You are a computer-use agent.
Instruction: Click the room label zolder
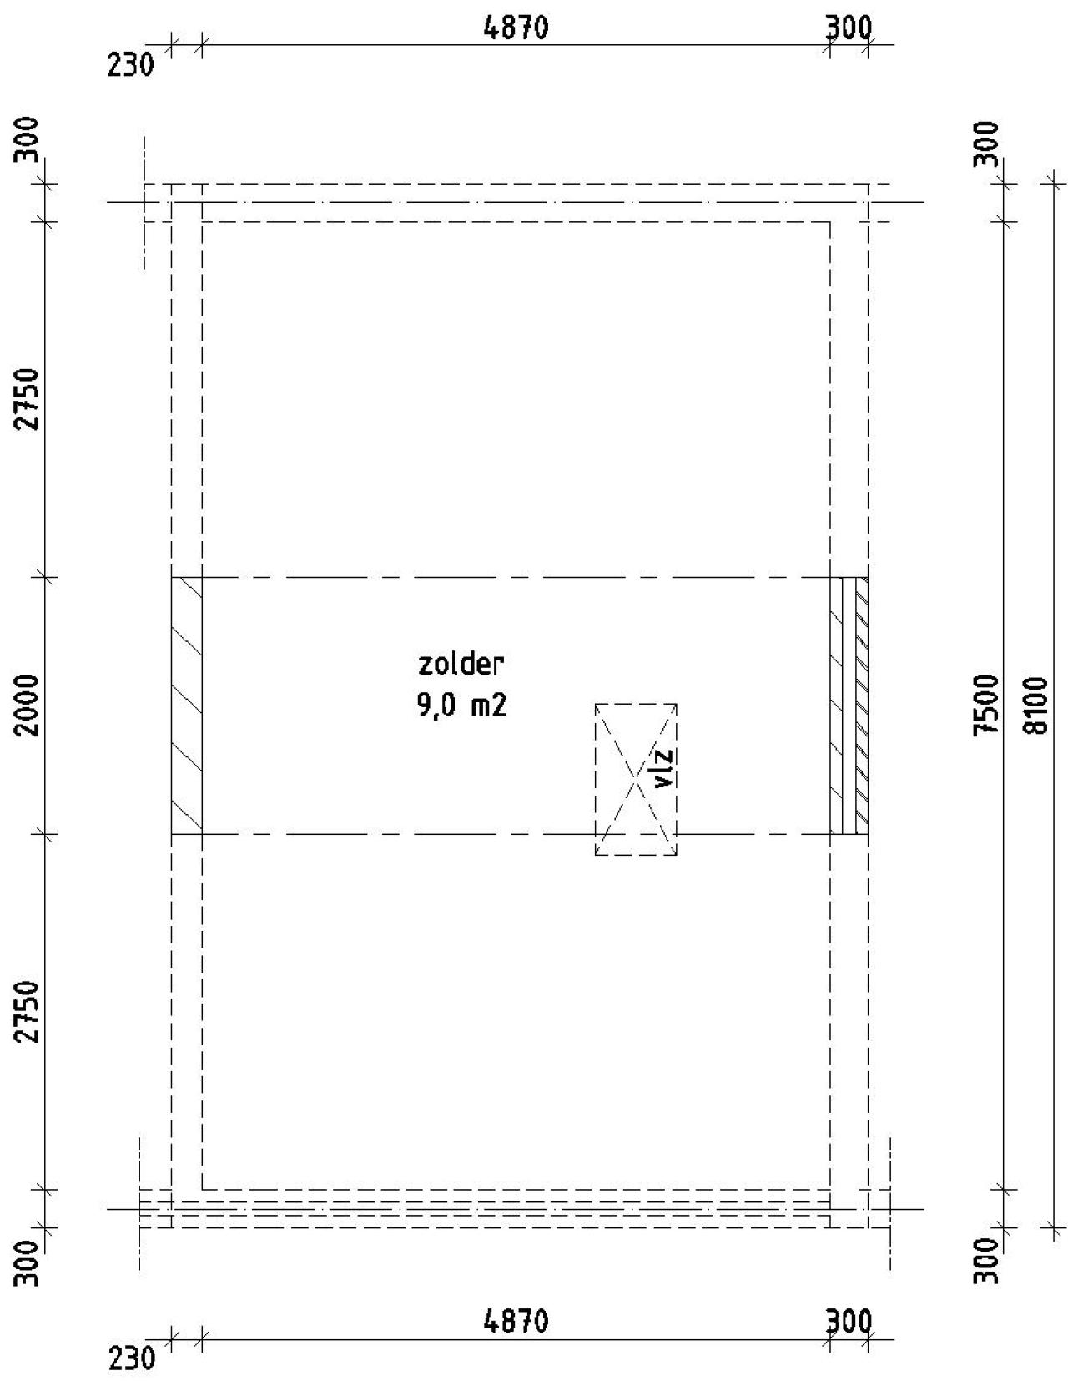click(x=461, y=665)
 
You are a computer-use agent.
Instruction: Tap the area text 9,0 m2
click(x=461, y=706)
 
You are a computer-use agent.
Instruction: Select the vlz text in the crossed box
click(x=664, y=768)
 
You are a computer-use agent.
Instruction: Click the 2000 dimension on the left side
click(x=29, y=703)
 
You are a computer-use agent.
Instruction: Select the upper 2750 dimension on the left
click(x=29, y=397)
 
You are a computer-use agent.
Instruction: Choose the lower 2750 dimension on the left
click(x=29, y=1011)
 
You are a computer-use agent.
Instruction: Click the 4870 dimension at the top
click(x=516, y=28)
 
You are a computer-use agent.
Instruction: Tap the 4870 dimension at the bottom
click(x=516, y=1322)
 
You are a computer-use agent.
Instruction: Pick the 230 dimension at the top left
click(x=131, y=65)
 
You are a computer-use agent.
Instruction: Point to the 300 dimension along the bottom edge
click(x=849, y=1322)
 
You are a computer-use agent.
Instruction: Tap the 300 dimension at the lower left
click(x=29, y=1263)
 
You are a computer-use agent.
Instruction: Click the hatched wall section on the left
click(x=186, y=705)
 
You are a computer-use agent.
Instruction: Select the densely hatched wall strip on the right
click(x=862, y=705)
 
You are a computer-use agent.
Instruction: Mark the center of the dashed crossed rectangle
click(x=636, y=779)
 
